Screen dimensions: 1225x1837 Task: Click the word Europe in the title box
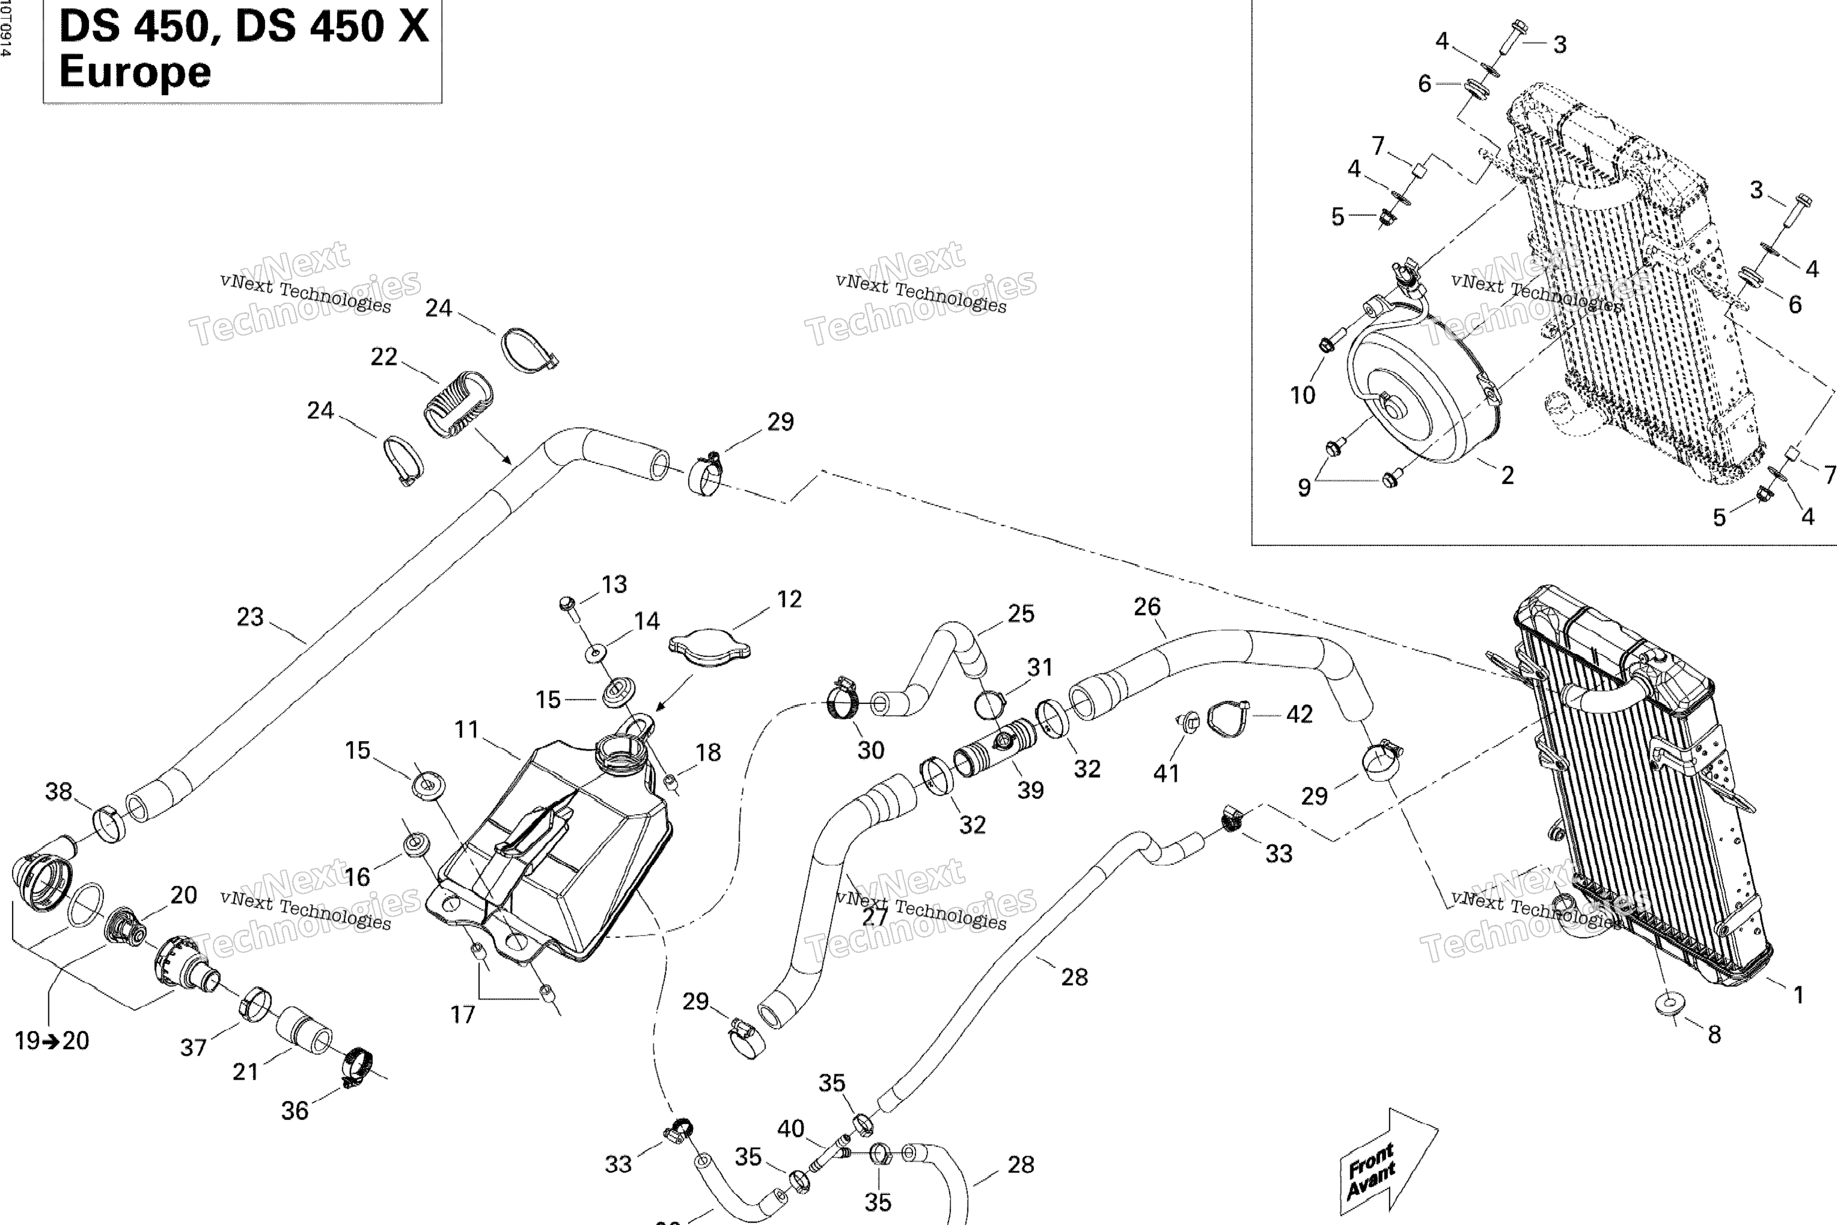pos(135,72)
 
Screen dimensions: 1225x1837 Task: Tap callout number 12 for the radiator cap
pos(789,599)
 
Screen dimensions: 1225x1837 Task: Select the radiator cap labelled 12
pos(709,648)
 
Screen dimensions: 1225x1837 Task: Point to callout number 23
pos(250,617)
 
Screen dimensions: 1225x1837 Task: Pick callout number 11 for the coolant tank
pos(466,730)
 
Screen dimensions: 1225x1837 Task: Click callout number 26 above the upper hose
pos(1146,607)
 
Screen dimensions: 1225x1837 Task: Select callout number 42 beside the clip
pos(1299,714)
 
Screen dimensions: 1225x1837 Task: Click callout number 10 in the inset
pos(1302,395)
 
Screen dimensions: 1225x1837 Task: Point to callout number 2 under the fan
pos(1507,475)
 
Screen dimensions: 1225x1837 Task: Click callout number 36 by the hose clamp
pos(294,1110)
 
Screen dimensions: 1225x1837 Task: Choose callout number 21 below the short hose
pos(245,1071)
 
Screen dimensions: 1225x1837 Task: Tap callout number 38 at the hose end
pos(59,791)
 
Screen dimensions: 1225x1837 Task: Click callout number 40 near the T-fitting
pos(791,1128)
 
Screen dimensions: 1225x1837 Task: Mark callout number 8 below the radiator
pos(1714,1034)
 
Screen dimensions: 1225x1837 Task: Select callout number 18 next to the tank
pos(707,752)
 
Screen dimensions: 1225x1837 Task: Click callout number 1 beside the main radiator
pos(1798,995)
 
